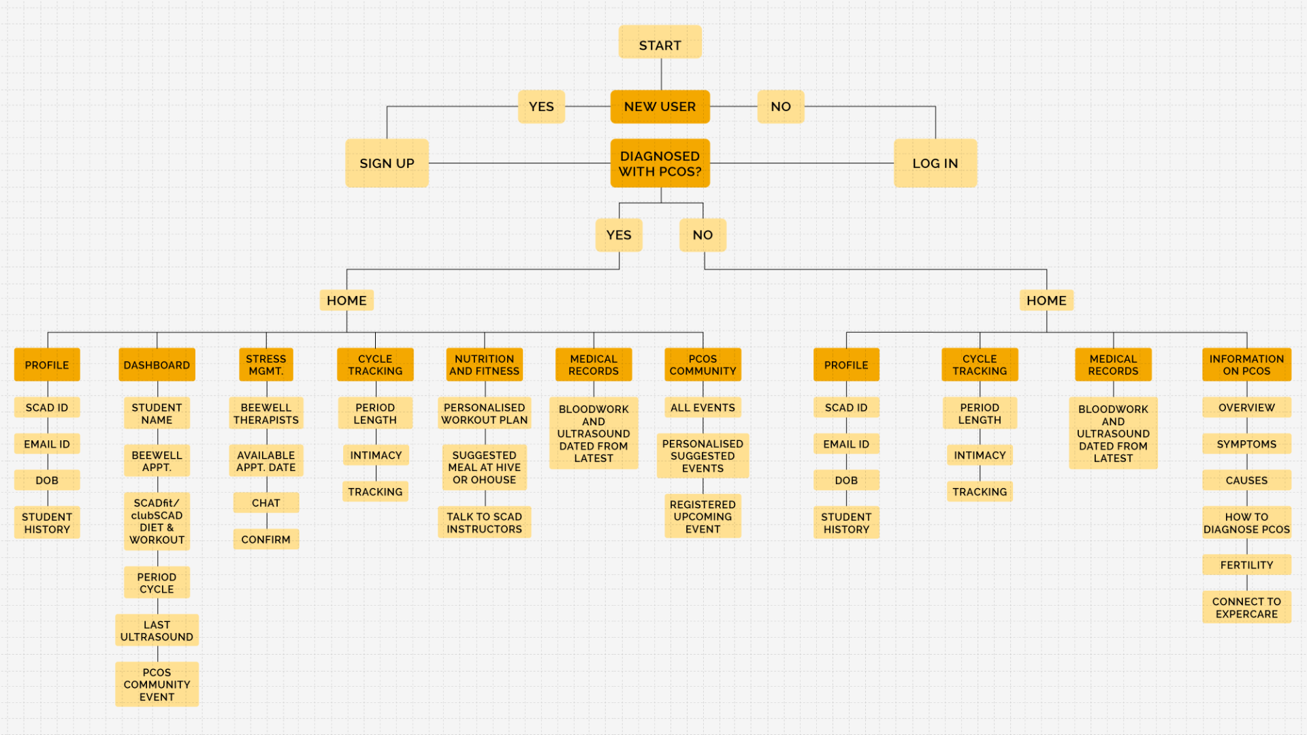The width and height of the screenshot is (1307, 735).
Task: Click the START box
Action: [x=660, y=43]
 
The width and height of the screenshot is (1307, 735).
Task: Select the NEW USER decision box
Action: [x=660, y=107]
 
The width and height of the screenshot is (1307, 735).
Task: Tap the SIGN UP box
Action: [x=387, y=163]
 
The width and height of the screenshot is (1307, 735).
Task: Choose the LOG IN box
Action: [x=935, y=163]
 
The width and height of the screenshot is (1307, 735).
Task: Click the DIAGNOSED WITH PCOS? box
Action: [x=660, y=163]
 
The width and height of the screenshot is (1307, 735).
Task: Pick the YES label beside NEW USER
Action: [x=541, y=107]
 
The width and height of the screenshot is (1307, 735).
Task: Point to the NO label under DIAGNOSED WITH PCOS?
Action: [x=703, y=235]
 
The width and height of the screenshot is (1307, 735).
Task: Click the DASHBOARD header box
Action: [x=157, y=365]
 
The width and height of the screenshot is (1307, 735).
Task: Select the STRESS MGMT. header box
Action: [x=265, y=365]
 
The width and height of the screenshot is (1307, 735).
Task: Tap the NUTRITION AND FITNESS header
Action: [x=484, y=365]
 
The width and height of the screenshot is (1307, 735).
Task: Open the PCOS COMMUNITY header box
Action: [x=703, y=365]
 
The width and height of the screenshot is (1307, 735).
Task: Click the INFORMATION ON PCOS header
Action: [x=1246, y=365]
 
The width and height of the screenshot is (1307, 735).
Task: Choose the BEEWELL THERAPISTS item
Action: [x=265, y=414]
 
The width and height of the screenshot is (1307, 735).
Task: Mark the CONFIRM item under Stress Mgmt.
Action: [x=265, y=540]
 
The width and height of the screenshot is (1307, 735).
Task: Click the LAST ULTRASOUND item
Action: [x=157, y=631]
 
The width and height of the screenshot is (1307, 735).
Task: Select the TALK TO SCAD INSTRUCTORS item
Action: [x=484, y=523]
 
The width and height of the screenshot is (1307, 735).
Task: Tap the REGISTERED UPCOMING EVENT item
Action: [x=703, y=517]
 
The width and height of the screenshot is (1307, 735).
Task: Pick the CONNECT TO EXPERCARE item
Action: [x=1246, y=608]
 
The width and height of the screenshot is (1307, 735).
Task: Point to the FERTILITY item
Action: [x=1246, y=565]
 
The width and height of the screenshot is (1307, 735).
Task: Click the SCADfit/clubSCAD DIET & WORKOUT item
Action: [x=157, y=521]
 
